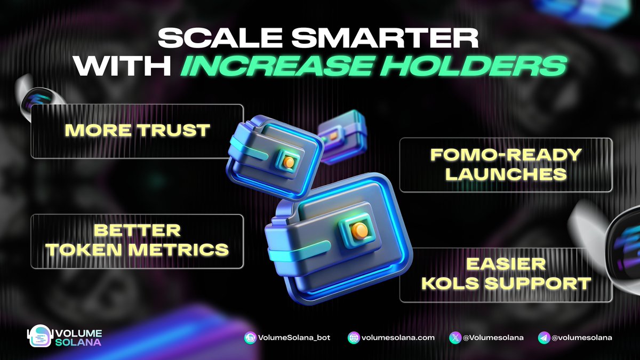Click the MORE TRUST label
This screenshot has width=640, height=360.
point(137,130)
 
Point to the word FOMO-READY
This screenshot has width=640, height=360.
point(506,155)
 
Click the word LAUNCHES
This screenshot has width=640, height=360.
point(506,174)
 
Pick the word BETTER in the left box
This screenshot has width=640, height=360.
point(137,230)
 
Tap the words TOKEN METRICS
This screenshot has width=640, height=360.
point(137,249)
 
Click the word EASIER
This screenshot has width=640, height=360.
point(506,263)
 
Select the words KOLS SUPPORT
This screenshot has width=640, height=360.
point(506,282)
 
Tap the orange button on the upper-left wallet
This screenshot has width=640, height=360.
point(289,161)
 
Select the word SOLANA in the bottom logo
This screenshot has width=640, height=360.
point(78,342)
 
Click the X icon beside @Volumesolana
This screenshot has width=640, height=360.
point(455,338)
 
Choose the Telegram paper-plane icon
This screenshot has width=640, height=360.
point(543,338)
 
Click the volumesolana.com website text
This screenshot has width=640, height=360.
point(398,338)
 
